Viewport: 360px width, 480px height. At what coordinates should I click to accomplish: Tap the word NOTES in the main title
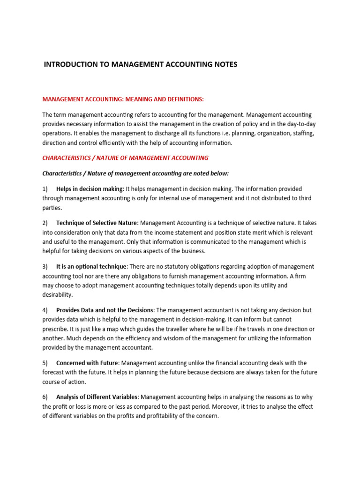tap(224, 64)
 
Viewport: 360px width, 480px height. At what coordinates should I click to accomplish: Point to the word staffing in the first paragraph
tap(302, 134)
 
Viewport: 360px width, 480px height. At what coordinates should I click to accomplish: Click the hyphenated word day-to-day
tap(297, 124)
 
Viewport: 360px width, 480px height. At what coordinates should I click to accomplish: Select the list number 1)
tap(45, 189)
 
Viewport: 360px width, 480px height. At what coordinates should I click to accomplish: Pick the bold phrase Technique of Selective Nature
tap(97, 223)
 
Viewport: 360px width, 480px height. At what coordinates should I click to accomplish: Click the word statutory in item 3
tap(194, 267)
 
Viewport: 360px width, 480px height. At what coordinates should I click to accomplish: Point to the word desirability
tap(57, 295)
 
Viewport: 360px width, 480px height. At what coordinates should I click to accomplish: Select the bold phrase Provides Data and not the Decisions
tap(105, 310)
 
